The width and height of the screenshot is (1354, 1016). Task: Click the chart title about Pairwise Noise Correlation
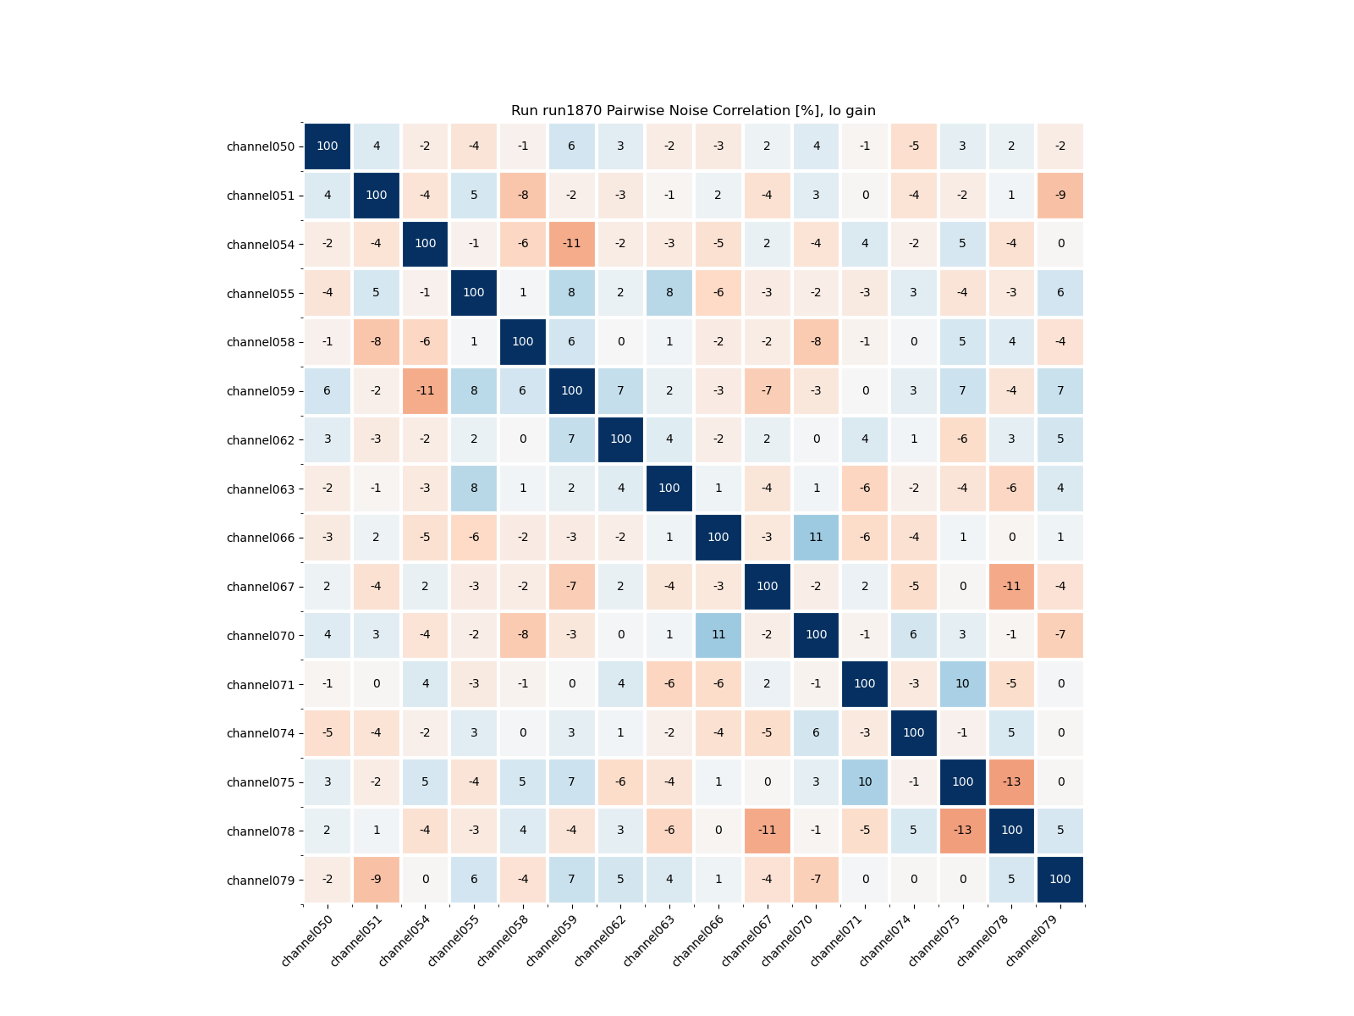tap(693, 111)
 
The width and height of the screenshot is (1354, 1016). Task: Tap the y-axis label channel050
tap(261, 146)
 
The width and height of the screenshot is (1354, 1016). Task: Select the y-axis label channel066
tap(261, 538)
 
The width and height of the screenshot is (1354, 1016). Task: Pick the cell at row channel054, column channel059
tap(572, 244)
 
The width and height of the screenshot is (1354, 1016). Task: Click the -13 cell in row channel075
tap(1012, 781)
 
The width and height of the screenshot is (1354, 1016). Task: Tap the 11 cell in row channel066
tap(816, 538)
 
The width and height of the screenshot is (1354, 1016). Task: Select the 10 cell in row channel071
tap(963, 684)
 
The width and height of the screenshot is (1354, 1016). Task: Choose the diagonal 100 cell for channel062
tap(621, 439)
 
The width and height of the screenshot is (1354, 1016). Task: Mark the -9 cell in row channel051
tap(1060, 195)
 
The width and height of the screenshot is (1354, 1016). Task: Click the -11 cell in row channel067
tap(1012, 586)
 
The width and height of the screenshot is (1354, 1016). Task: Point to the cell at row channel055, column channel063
tap(669, 293)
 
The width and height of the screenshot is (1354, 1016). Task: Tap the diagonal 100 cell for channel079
tap(1060, 880)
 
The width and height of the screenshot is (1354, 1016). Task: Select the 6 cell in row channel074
tap(816, 732)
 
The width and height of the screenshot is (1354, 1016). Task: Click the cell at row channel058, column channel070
tap(816, 342)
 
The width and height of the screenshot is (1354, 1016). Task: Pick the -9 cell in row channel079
tap(377, 880)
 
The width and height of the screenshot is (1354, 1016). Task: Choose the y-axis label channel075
tap(261, 782)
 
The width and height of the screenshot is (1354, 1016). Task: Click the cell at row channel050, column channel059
tap(572, 146)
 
